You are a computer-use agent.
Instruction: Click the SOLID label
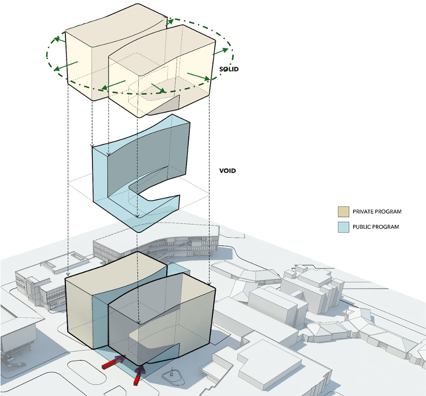228,69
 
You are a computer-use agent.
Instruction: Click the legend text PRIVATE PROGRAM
377,212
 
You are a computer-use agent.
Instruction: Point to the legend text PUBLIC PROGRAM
375,227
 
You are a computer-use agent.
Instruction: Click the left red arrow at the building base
113,362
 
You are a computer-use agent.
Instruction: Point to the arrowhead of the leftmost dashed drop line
67,274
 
